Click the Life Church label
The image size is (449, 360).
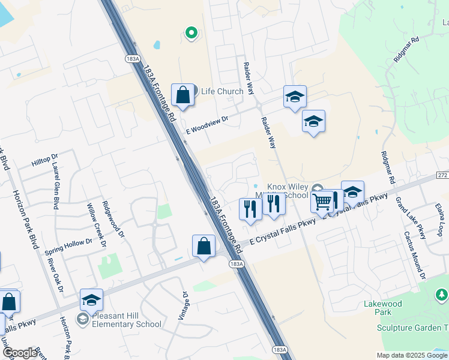(x=221, y=91)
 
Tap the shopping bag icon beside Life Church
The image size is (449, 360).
(x=182, y=95)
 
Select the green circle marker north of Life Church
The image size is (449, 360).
(x=191, y=32)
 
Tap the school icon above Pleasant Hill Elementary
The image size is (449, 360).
(x=91, y=300)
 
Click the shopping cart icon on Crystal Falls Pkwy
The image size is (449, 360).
(x=322, y=202)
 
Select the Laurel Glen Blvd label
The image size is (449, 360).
(x=56, y=187)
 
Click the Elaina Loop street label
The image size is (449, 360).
(x=441, y=218)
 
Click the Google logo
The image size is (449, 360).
(x=20, y=353)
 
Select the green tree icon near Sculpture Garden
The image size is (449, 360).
(x=441, y=295)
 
